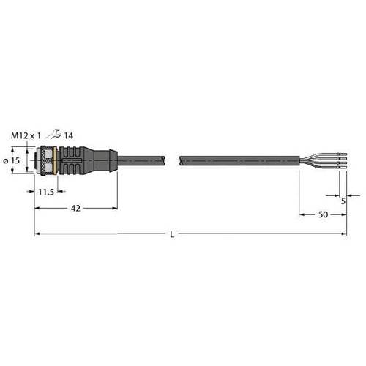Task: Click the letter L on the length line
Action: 171,234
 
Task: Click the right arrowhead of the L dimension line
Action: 344,234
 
